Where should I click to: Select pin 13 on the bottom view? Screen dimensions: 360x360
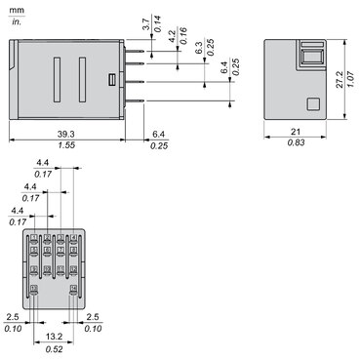[x=35, y=289]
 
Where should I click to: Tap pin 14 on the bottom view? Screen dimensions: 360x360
[x=73, y=289]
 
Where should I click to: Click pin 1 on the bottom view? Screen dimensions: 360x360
[x=35, y=237]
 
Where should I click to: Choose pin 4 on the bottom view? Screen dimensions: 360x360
[x=73, y=237]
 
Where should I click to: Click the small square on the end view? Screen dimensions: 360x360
[x=314, y=104]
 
